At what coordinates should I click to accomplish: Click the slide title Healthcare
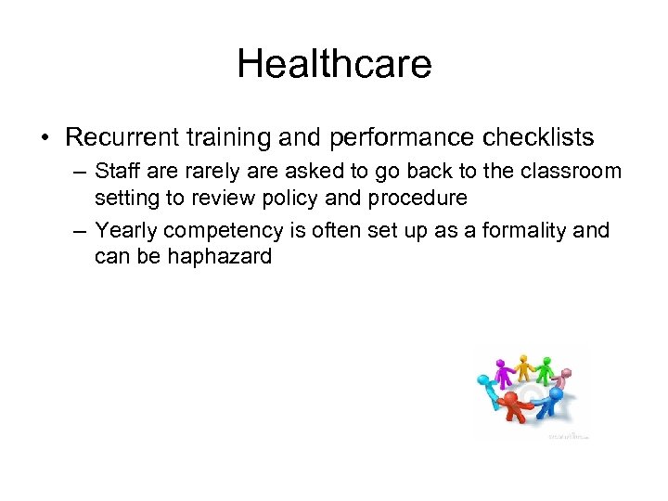point(334,64)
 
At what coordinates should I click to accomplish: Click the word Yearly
point(125,229)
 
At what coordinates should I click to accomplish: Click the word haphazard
point(220,256)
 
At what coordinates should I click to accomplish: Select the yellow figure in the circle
point(524,366)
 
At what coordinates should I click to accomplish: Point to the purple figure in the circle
point(502,372)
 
